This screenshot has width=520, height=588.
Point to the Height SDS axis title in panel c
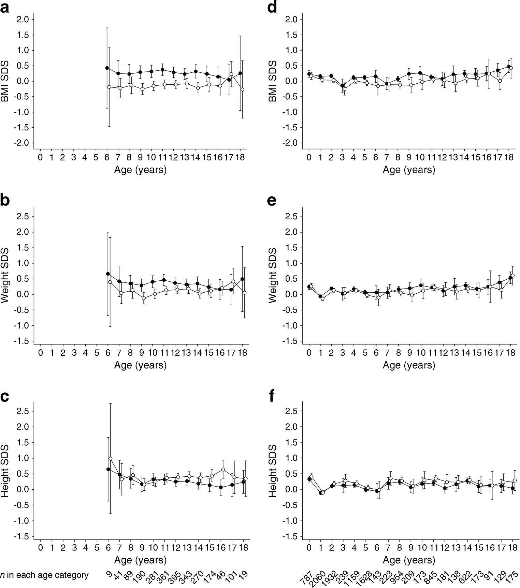5,474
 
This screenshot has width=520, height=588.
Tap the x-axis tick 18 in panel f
511,548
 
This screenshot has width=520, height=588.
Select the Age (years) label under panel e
409,365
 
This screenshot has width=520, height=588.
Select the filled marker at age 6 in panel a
107,68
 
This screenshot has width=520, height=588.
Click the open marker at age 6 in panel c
110,459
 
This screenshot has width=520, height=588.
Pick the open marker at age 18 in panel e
512,275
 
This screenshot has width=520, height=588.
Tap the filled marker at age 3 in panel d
343,86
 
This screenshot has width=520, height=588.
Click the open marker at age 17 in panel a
231,74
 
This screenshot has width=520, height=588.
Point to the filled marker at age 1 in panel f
320,492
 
